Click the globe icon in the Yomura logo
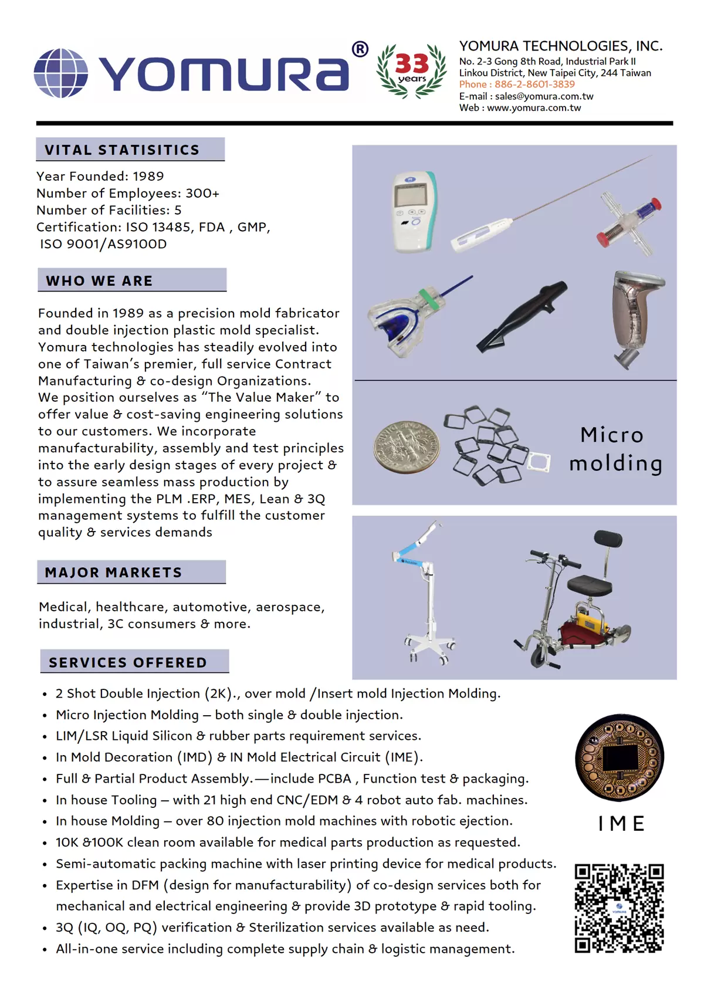point(61,73)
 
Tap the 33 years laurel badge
point(411,70)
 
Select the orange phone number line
point(517,84)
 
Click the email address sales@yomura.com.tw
point(544,96)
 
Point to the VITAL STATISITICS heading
point(122,150)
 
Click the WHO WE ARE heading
point(99,281)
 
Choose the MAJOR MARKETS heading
point(113,573)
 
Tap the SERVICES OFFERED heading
point(128,663)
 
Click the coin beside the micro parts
point(406,447)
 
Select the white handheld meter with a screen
point(413,212)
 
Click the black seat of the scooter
point(589,585)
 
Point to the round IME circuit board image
point(620,757)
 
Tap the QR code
point(619,908)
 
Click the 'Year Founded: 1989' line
point(100,177)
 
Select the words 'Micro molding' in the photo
point(615,449)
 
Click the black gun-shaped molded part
point(522,316)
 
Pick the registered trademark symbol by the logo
point(360,49)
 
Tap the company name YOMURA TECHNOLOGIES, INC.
point(560,46)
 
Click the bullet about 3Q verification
point(272,928)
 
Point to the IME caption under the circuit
point(621,824)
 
